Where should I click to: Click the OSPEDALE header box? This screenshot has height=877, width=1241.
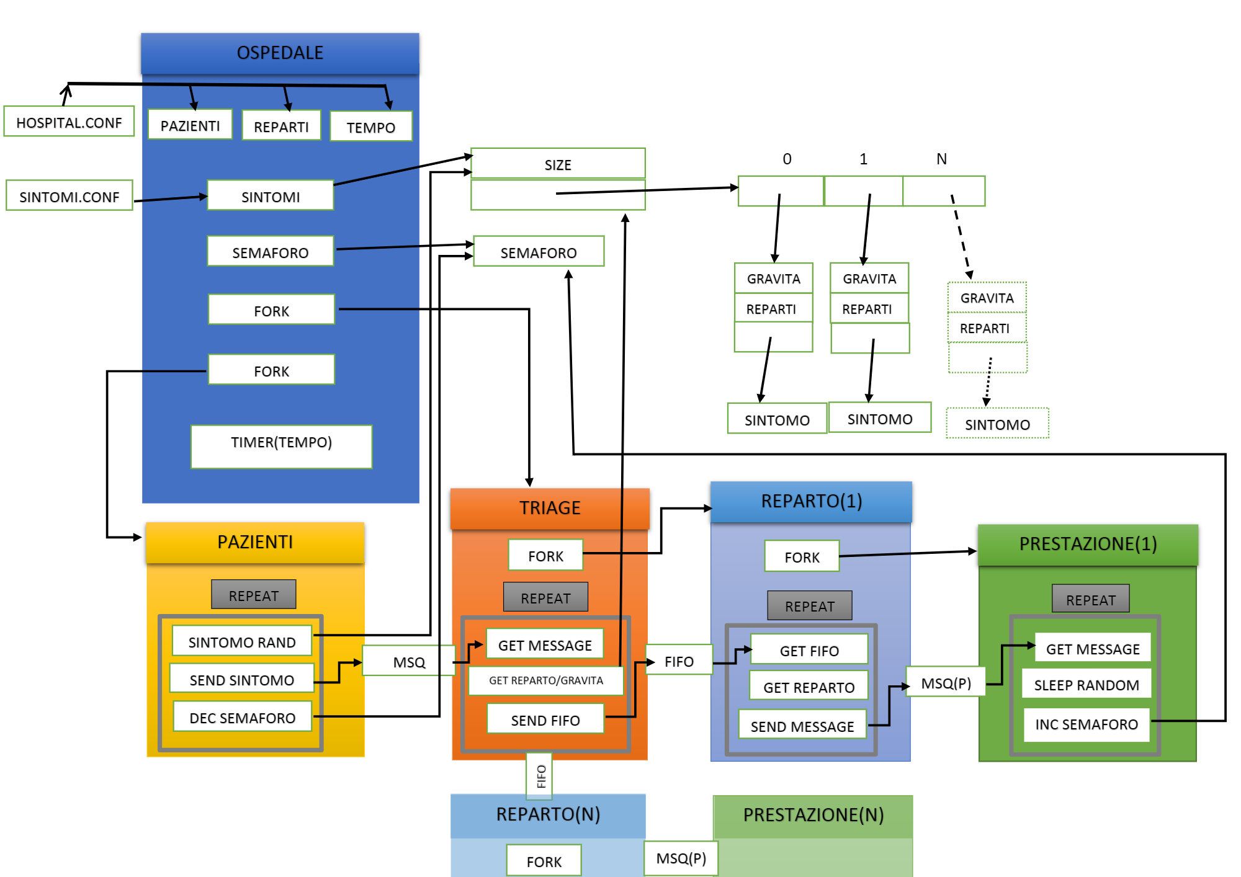[280, 53]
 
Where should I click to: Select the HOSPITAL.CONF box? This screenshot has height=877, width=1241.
[69, 122]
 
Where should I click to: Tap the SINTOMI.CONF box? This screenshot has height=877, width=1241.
[69, 196]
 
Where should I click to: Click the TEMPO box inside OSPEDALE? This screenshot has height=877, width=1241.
[370, 127]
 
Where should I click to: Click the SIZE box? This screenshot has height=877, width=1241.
[557, 164]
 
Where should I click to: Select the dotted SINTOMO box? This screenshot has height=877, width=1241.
[997, 424]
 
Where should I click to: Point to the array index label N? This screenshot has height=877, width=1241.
[941, 159]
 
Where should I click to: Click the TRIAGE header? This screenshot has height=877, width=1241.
[550, 508]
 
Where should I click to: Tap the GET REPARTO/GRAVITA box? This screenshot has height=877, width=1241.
[545, 680]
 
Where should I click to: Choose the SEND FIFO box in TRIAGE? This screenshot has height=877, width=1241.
[545, 719]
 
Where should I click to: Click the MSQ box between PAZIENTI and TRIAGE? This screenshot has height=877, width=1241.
[409, 661]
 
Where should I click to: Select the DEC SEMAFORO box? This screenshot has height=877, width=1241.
[242, 717]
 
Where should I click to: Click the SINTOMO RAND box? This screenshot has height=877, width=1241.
[241, 641]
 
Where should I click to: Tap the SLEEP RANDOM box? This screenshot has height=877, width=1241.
[1086, 684]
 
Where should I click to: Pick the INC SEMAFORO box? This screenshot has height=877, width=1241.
[1086, 724]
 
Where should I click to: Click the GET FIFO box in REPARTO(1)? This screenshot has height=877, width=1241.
[809, 650]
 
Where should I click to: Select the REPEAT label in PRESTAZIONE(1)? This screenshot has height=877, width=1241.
[1090, 599]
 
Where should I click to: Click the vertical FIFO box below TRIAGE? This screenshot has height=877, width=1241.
[539, 776]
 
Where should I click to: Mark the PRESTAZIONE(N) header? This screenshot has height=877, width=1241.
[813, 815]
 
